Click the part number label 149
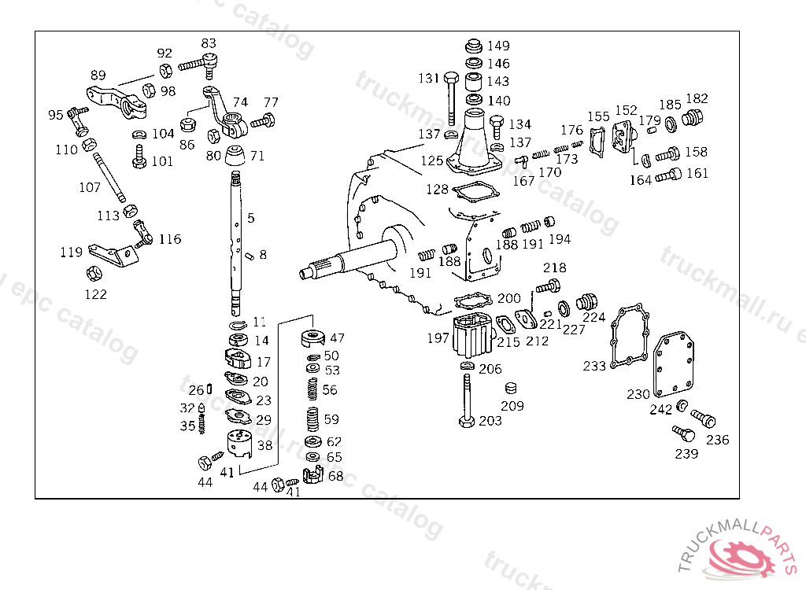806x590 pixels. (497, 46)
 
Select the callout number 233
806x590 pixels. (594, 366)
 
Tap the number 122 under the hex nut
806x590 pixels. (96, 294)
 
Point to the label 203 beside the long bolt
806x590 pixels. (490, 421)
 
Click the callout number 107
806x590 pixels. (90, 187)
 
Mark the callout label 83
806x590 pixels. (209, 43)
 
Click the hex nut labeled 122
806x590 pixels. (93, 274)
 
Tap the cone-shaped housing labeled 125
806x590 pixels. (474, 142)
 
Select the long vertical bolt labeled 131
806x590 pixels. (451, 98)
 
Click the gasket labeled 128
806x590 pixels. (473, 191)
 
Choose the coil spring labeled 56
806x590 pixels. (312, 389)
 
